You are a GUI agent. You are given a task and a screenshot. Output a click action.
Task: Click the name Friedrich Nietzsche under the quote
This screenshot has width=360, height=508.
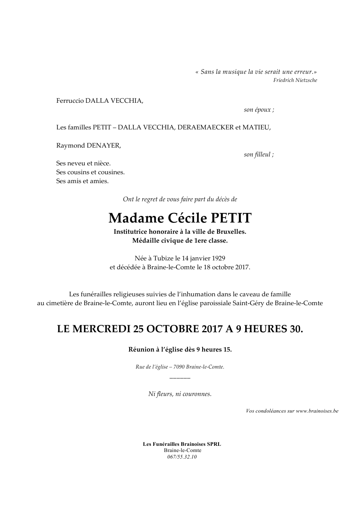(295, 80)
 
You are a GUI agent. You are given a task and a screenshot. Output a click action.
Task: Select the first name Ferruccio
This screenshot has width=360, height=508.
(70, 101)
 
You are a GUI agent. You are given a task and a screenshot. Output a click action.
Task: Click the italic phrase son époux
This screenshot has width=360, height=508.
(259, 110)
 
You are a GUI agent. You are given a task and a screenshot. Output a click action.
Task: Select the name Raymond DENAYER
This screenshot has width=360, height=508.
(89, 146)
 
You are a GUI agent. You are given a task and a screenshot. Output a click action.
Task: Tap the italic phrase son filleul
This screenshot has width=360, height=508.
(259, 155)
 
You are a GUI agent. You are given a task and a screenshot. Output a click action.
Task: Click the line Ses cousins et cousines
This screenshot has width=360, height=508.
(90, 172)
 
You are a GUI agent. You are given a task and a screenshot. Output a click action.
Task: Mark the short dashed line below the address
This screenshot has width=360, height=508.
(180, 376)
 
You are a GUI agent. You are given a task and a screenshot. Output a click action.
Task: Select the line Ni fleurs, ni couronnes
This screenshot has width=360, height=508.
(180, 394)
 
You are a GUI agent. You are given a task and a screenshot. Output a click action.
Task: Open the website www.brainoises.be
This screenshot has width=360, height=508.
(317, 411)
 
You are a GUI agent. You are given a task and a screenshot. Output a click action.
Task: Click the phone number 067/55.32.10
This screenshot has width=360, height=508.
(182, 457)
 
